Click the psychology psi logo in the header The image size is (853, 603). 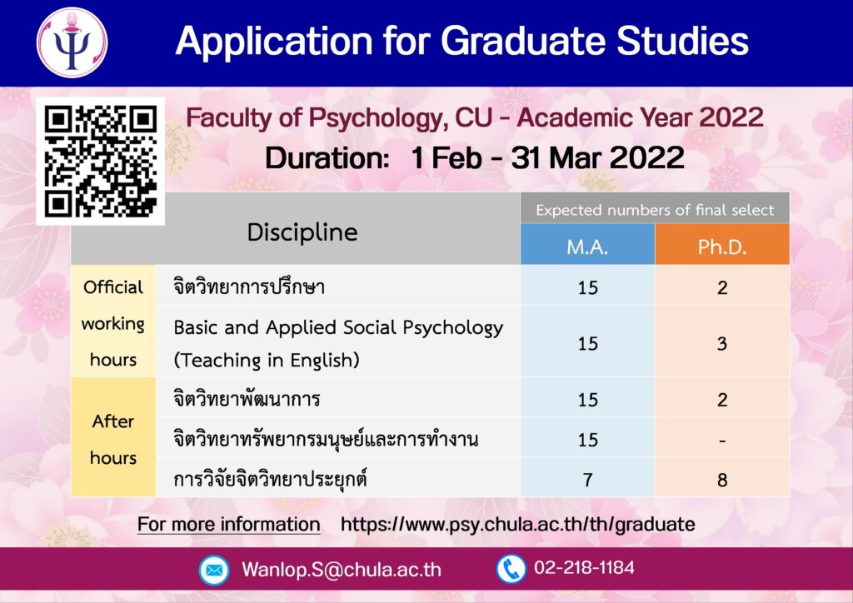pyautogui.click(x=72, y=42)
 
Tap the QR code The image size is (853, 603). pyautogui.click(x=101, y=162)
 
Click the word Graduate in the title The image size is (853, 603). pyautogui.click(x=524, y=41)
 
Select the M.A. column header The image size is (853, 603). pyautogui.click(x=587, y=247)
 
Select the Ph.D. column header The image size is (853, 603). pyautogui.click(x=722, y=247)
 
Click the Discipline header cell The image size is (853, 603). pyautogui.click(x=302, y=232)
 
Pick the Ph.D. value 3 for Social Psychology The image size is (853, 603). pyautogui.click(x=722, y=344)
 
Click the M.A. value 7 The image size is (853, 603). pyautogui.click(x=587, y=480)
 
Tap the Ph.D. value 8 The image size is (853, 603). pyautogui.click(x=722, y=480)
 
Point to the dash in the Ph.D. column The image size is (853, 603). pyautogui.click(x=722, y=441)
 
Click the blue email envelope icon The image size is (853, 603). pyautogui.click(x=214, y=570)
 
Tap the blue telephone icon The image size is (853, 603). pyautogui.click(x=511, y=569)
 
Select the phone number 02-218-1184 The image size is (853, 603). pyautogui.click(x=584, y=568)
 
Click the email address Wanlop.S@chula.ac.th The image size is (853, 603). pyautogui.click(x=342, y=570)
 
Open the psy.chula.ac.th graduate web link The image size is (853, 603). pyautogui.click(x=518, y=524)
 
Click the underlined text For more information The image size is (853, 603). pyautogui.click(x=228, y=524)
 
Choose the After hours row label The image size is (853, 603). pyautogui.click(x=113, y=439)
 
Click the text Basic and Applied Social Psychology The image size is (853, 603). pyautogui.click(x=338, y=328)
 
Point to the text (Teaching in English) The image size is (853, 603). pyautogui.click(x=267, y=360)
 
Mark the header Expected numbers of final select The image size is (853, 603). pyautogui.click(x=655, y=210)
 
